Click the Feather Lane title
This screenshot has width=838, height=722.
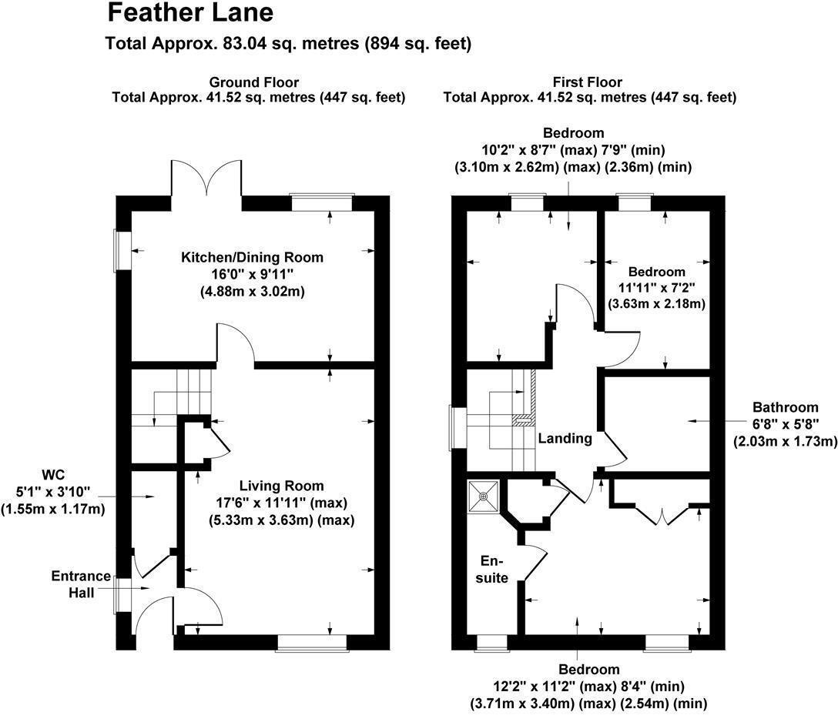pos(189,13)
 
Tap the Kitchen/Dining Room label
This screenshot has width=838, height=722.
pos(252,257)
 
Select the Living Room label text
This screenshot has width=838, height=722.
pos(281,486)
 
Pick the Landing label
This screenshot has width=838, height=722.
pos(565,439)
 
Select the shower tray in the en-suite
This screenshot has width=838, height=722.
pos(484,496)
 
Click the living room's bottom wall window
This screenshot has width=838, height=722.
pos(311,643)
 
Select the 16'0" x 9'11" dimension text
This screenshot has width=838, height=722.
pos(253,275)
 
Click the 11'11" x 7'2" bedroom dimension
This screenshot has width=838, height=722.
pos(656,288)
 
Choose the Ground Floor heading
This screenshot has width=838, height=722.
pos(254,82)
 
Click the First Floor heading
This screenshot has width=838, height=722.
pos(588,82)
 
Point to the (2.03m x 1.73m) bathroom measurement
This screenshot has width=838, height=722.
pos(784,441)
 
